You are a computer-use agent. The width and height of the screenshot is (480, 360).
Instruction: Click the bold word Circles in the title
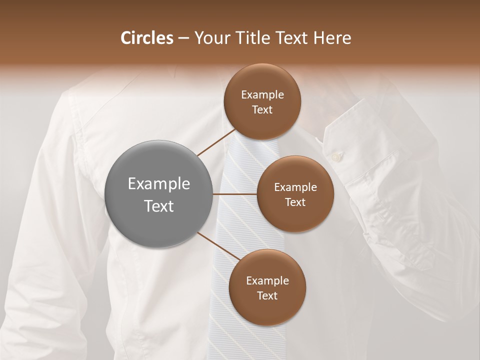147,38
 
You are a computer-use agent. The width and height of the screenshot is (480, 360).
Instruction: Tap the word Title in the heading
251,38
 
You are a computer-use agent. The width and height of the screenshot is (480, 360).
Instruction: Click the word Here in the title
332,38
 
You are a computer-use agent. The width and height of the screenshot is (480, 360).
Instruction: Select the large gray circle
158,194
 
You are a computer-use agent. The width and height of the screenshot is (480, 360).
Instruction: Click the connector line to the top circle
216,142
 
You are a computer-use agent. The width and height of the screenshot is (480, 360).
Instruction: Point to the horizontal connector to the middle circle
234,194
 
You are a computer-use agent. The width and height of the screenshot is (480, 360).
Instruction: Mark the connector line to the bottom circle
218,246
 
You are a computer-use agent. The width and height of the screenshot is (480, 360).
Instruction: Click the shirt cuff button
335,157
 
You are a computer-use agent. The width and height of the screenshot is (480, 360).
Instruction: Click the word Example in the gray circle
158,184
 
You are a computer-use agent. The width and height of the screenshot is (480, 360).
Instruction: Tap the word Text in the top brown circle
262,109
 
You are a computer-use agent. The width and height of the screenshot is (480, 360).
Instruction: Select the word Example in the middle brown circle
295,187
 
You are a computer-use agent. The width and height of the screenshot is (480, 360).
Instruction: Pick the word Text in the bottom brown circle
267,295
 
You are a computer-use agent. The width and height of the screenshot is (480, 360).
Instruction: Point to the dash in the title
183,38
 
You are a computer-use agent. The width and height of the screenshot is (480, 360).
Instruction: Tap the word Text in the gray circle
158,206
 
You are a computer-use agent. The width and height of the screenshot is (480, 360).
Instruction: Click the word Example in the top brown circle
262,94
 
